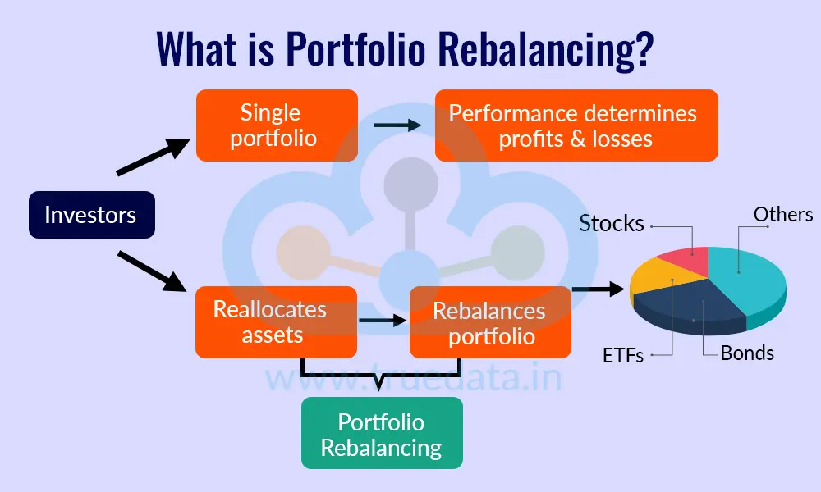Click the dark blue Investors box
[x=91, y=215]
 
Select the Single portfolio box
[x=276, y=125]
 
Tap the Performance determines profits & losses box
[x=576, y=125]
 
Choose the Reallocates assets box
[x=276, y=321]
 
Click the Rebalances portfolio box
[x=489, y=322]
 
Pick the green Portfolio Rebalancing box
[x=381, y=433]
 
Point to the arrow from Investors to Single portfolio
[x=153, y=157]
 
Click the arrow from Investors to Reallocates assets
[x=153, y=271]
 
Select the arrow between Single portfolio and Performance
[x=397, y=125]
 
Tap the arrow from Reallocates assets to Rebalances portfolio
[x=383, y=321]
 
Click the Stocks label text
[x=611, y=223]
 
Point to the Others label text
[x=782, y=214]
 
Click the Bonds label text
[x=747, y=353]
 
